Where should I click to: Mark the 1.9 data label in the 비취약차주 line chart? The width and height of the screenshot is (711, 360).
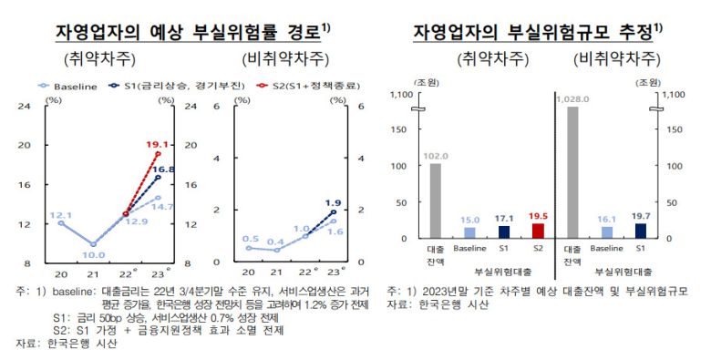335,203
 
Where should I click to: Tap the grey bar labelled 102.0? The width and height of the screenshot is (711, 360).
435,201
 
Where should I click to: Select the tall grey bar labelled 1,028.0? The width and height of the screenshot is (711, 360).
572,172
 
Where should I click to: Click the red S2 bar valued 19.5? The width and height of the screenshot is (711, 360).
537,231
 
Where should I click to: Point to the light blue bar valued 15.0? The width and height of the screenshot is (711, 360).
469,233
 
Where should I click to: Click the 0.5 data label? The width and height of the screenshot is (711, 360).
251,238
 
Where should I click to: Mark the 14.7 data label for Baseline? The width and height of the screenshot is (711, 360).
163,207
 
